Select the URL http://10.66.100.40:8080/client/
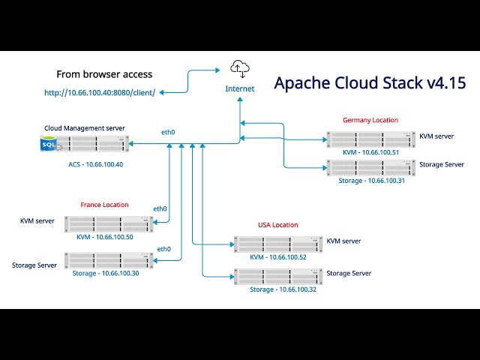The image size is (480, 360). (x=100, y=92)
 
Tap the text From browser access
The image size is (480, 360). (x=104, y=74)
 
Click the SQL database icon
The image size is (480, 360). (x=49, y=142)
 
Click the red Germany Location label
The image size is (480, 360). (x=370, y=120)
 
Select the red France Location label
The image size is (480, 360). (x=104, y=205)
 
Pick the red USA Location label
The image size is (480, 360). (x=277, y=225)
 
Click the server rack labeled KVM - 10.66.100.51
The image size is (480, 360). (x=370, y=139)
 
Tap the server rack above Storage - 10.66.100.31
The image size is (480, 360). (x=370, y=167)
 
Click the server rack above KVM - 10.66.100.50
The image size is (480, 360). (x=109, y=223)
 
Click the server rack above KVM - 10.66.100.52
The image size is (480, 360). (x=277, y=244)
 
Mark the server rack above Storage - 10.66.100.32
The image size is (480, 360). (x=277, y=275)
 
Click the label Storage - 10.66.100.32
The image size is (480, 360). (x=283, y=289)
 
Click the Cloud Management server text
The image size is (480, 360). (x=85, y=128)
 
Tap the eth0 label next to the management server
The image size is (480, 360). (x=168, y=133)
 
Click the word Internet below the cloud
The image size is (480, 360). (x=240, y=88)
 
